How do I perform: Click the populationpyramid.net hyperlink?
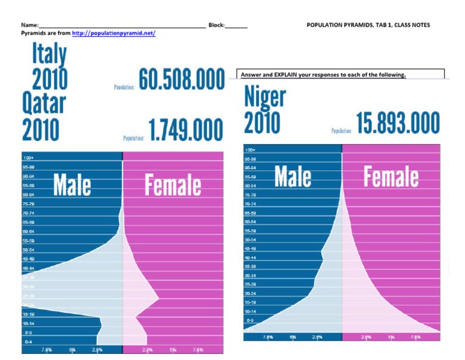[113, 33]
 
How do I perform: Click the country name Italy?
[49, 55]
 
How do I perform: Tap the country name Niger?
[265, 98]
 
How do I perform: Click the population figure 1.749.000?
[185, 131]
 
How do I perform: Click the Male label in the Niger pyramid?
[293, 176]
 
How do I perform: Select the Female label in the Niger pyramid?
[391, 176]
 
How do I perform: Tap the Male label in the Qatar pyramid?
[72, 185]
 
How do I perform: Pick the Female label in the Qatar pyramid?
[173, 185]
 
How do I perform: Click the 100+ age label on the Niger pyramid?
[250, 150]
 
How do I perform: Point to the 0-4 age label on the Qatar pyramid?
[28, 341]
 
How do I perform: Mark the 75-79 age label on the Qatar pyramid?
[29, 204]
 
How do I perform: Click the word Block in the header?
[216, 25]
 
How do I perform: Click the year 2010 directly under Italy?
[50, 79]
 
